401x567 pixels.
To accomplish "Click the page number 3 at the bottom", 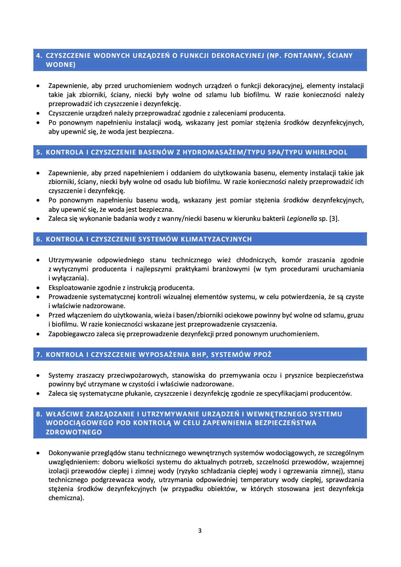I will tap(200, 530).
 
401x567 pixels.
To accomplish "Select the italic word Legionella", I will tap(302, 219).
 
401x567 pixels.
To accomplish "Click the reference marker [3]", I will tap(333, 219).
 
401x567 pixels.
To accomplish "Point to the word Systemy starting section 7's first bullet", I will tap(61, 375).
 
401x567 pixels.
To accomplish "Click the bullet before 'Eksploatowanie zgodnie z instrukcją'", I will tap(38, 288).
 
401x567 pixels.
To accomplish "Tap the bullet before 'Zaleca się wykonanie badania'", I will tap(38, 219).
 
